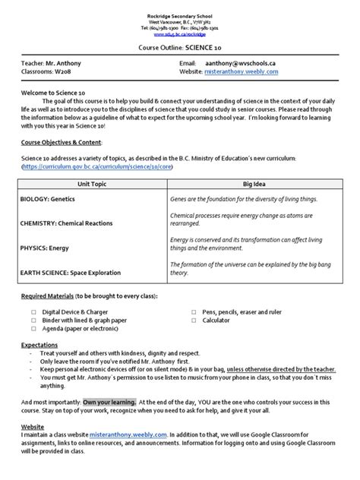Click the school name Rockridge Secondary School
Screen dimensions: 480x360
180,16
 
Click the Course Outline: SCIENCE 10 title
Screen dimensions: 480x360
180,47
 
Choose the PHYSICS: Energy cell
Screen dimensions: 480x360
46,247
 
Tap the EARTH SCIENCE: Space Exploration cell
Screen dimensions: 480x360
75,272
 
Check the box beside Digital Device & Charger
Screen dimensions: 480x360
33,311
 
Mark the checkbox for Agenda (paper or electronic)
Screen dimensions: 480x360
33,330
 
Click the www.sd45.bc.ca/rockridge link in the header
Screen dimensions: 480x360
180,34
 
